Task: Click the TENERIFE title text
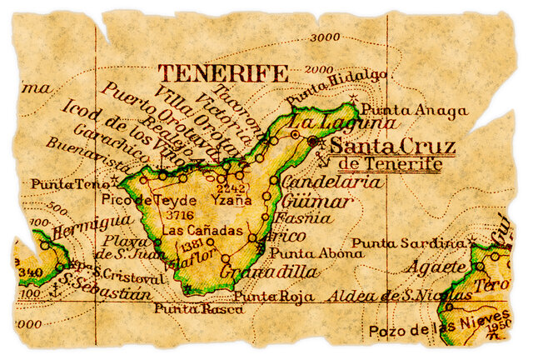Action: (224, 73)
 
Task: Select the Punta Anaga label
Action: (401, 109)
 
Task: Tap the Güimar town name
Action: (317, 201)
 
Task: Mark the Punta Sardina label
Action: (407, 243)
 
